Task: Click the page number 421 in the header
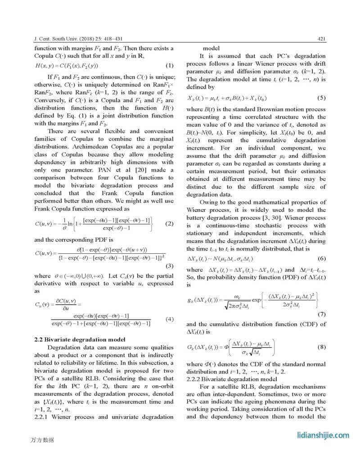[321, 39]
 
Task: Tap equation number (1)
[170, 66]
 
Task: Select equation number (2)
[170, 224]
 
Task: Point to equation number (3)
[170, 265]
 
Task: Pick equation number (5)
[321, 98]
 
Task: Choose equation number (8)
[321, 347]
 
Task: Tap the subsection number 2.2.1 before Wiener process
[44, 417]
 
